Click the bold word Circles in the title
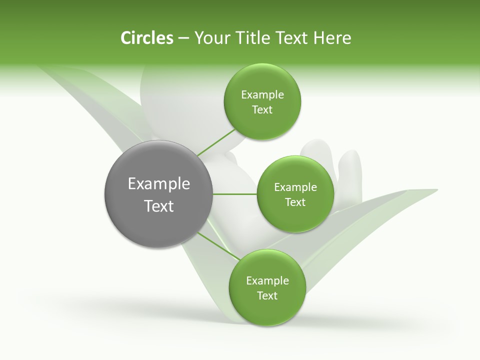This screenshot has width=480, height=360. pos(146,38)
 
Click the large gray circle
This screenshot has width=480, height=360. pos(159,194)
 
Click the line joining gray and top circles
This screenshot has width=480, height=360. pos(216,142)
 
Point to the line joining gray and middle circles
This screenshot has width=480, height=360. pos(235,194)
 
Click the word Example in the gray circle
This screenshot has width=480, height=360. pos(159,184)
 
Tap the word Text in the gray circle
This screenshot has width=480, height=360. pos(159,206)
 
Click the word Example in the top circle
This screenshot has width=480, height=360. pos(262,95)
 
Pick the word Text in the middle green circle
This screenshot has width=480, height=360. pos(295,202)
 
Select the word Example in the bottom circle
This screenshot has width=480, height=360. pos(267,281)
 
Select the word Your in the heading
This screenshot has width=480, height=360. pos(209,38)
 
